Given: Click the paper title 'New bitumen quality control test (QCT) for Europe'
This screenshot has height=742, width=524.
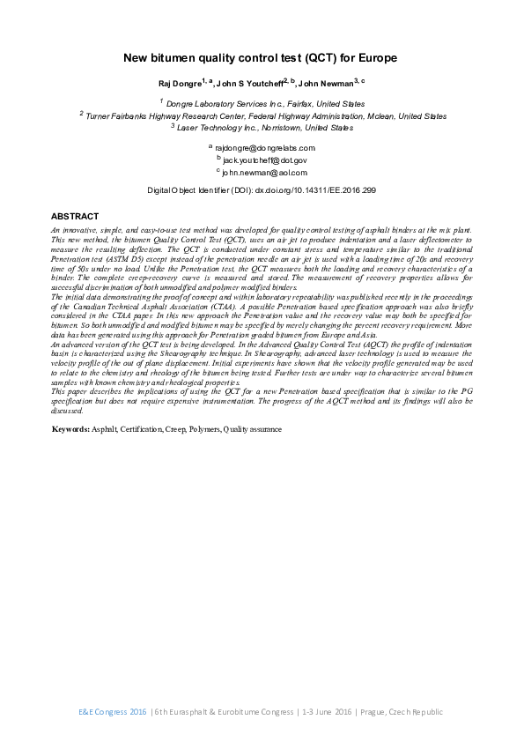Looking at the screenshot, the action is pyautogui.click(x=262, y=58).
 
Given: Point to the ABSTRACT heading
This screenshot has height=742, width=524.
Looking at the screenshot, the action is pyautogui.click(x=75, y=216).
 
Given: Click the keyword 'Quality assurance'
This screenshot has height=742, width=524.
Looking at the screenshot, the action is pyautogui.click(x=253, y=429).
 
